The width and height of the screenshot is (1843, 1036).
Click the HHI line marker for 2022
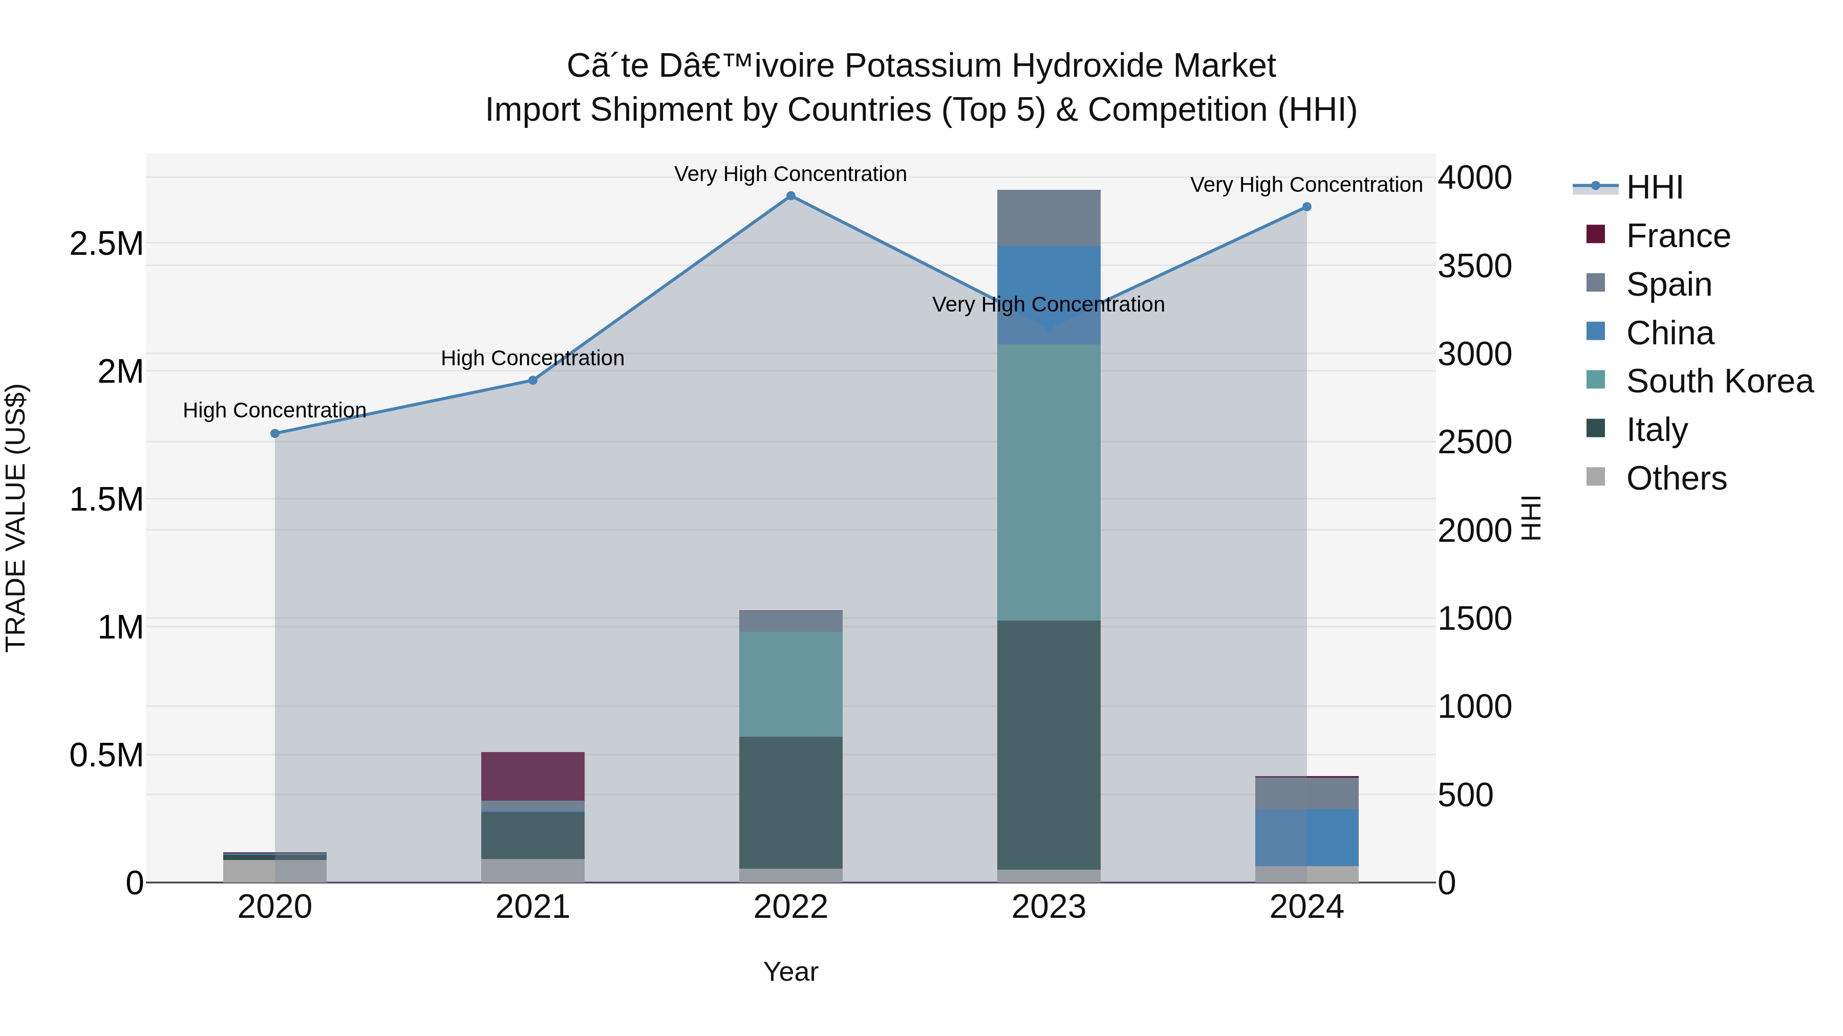click(790, 196)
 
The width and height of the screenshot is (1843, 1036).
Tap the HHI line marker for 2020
click(275, 433)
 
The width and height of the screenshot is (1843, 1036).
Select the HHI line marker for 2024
click(1306, 207)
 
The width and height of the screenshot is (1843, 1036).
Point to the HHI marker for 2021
click(533, 380)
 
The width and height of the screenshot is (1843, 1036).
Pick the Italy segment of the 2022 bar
click(790, 802)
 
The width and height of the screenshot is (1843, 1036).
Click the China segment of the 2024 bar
click(1306, 837)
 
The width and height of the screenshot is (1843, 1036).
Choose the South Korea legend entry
click(1719, 381)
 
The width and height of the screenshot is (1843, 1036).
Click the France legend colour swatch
click(1595, 234)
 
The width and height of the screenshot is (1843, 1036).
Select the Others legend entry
click(1676, 478)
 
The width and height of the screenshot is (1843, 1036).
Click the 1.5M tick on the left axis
click(106, 499)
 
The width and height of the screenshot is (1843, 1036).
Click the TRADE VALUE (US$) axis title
click(16, 518)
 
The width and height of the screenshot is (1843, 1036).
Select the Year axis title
click(790, 972)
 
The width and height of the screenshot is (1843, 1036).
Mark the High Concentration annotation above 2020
click(275, 410)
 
